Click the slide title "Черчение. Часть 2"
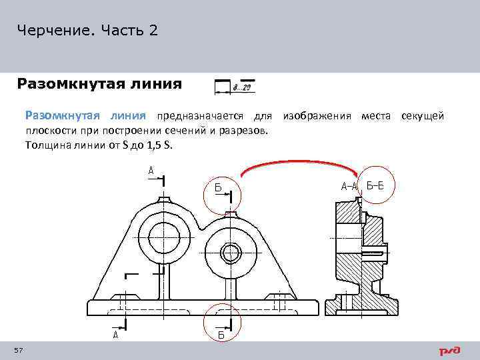(88, 31)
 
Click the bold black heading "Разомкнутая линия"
(99, 84)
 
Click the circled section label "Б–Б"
(375, 185)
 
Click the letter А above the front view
(151, 171)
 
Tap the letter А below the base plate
(115, 335)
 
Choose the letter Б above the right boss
(218, 187)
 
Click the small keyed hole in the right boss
(231, 253)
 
